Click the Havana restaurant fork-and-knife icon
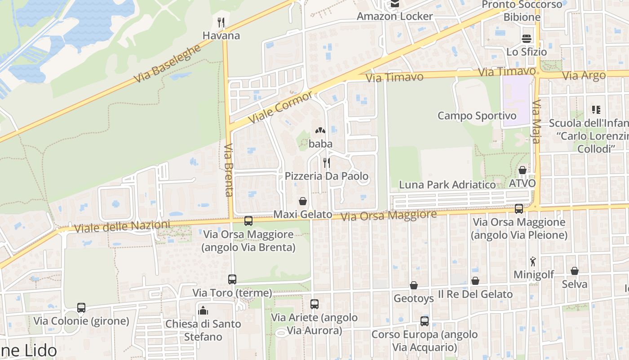click(221, 22)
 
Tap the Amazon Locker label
click(394, 17)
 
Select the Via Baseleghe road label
click(167, 64)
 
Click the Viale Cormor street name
click(280, 108)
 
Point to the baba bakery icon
click(320, 131)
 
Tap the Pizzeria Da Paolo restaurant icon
click(327, 162)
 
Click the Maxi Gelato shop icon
click(303, 201)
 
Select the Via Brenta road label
click(228, 170)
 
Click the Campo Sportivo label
click(477, 116)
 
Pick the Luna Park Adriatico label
click(447, 184)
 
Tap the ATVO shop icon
click(522, 170)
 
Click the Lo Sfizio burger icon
click(527, 38)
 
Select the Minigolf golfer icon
click(533, 261)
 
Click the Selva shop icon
click(574, 271)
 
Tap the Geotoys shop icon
click(413, 285)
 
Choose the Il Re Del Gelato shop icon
click(475, 281)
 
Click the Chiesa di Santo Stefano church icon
click(203, 310)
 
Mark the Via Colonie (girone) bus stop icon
click(81, 308)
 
